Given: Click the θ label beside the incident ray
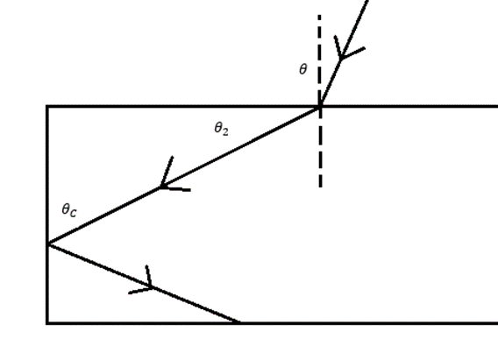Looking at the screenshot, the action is tap(303, 69).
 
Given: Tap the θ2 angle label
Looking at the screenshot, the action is tap(221, 129).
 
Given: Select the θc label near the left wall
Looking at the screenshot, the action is tap(69, 210).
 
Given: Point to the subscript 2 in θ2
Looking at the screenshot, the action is tap(225, 131).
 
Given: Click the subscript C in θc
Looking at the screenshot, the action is tap(73, 213).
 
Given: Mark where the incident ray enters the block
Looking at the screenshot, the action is tap(320, 107).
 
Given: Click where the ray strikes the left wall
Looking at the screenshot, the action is tap(48, 244).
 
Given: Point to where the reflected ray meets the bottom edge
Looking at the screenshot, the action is tap(238, 323).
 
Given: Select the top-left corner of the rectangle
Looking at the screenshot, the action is tap(47, 106).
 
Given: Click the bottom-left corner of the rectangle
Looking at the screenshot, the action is tap(47, 323).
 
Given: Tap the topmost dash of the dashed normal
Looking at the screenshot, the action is tap(319, 18).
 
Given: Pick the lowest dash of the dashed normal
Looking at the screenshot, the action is tap(321, 181).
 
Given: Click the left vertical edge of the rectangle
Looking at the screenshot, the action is tap(47, 215).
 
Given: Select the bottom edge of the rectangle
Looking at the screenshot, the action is tap(272, 323).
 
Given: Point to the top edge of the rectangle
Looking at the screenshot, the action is tap(272, 106).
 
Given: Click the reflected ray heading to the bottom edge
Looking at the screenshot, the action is tap(144, 283).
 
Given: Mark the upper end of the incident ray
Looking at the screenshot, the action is tap(367, 1).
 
